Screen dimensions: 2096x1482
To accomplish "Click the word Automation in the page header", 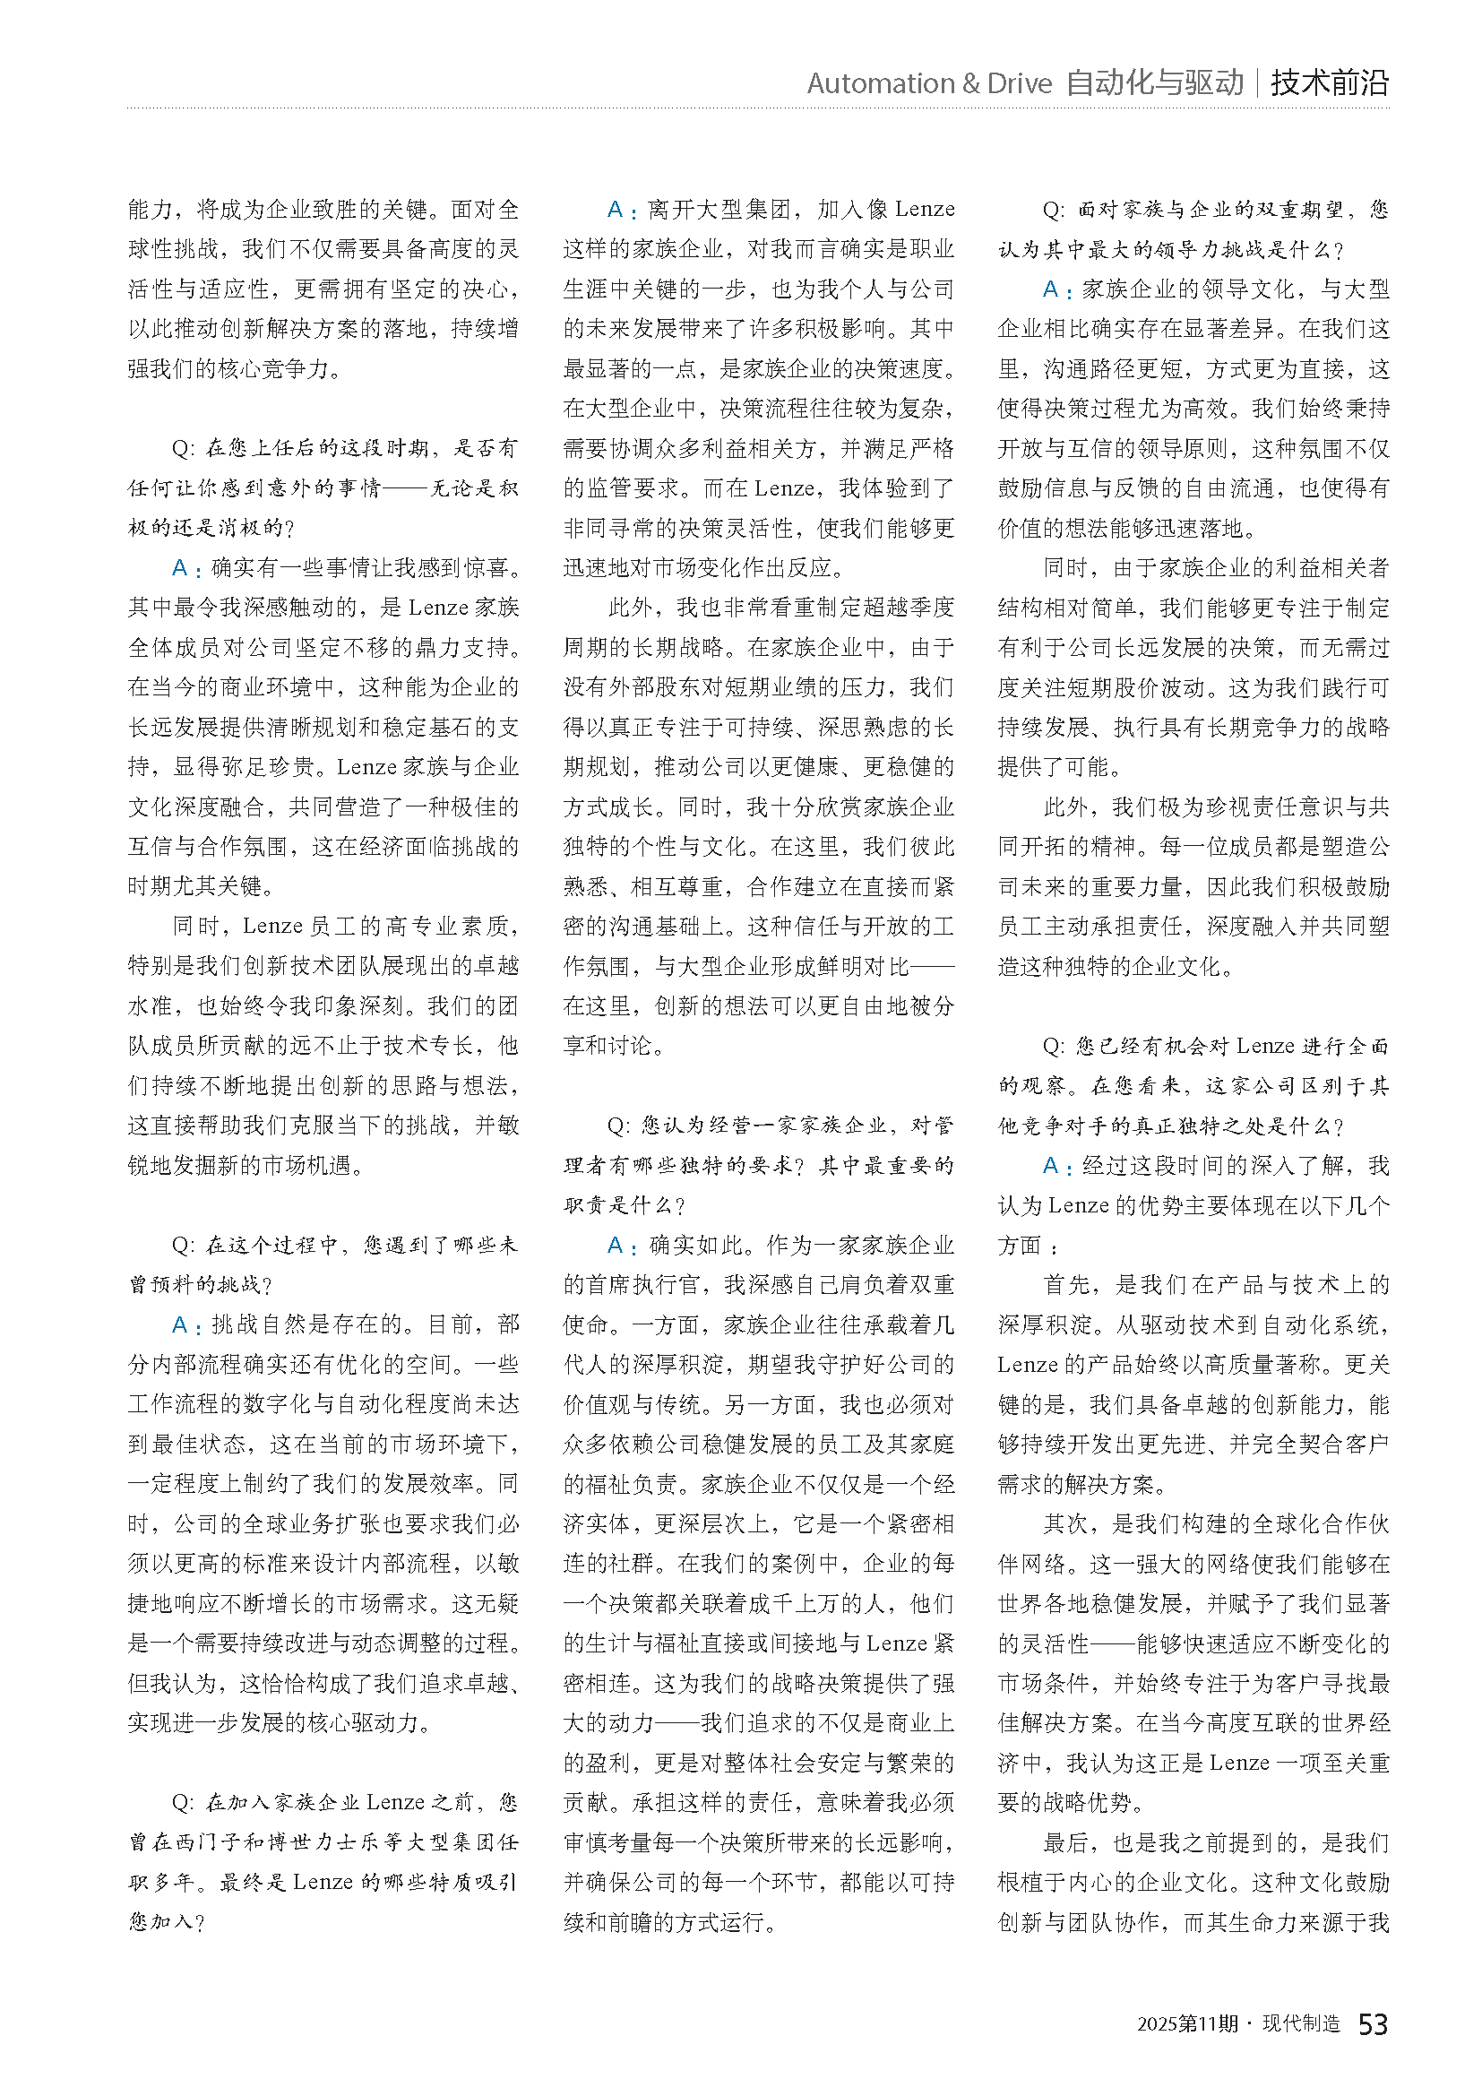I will (x=867, y=83).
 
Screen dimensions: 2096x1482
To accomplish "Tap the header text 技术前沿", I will (x=1329, y=83).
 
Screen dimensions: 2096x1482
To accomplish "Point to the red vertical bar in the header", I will (x=1257, y=83).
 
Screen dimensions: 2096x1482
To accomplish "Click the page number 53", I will (x=1373, y=2024).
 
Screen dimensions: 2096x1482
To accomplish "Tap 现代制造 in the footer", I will (x=1300, y=2024).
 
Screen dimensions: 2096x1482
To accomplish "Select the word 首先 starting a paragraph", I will (x=1067, y=1285).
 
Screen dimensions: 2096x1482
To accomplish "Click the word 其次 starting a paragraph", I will (x=1067, y=1523).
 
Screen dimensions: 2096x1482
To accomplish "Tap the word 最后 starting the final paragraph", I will (x=1067, y=1842).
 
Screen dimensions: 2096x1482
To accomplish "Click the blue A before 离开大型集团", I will (x=616, y=210).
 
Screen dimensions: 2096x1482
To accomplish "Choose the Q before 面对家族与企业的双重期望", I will (x=1052, y=210).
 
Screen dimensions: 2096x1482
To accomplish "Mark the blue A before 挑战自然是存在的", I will (x=181, y=1324).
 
